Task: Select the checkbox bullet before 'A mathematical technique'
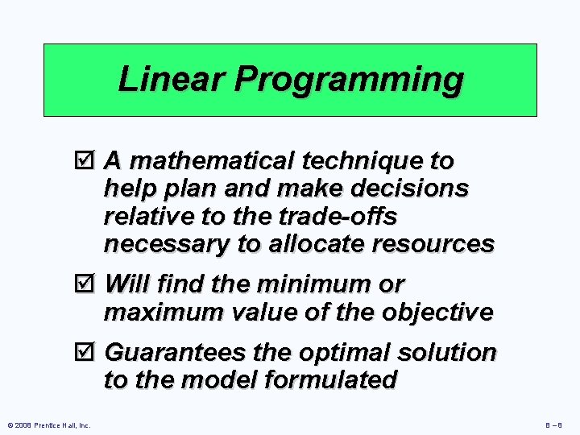91,162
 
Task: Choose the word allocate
315,243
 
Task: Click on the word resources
431,243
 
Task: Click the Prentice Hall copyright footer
49,425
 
